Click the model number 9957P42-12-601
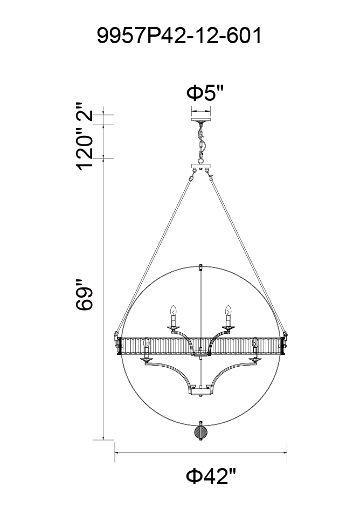[x=179, y=36]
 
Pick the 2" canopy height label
[x=85, y=112]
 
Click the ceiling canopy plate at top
[x=201, y=119]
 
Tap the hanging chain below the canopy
[x=200, y=142]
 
